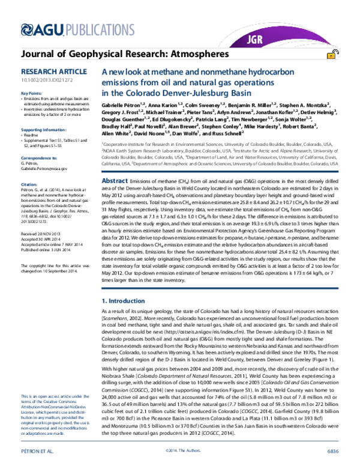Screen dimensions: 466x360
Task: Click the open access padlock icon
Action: click(331, 55)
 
